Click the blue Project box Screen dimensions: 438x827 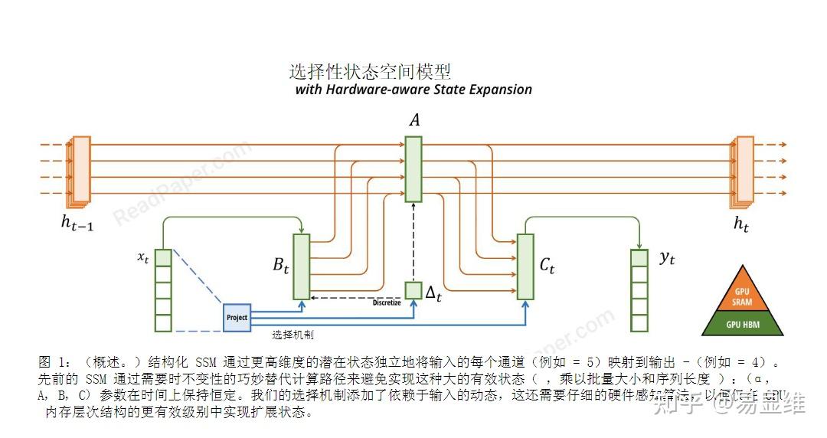click(x=237, y=317)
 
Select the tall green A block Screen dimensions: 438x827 click(x=413, y=169)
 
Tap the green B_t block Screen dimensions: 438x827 click(x=301, y=266)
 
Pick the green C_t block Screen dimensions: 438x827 click(x=525, y=266)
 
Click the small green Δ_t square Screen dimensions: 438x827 click(x=413, y=291)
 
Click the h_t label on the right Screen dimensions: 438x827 click(x=741, y=224)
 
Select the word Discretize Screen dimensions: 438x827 click(x=387, y=302)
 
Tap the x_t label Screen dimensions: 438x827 click(x=142, y=258)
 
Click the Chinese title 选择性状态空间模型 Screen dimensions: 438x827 click(x=370, y=72)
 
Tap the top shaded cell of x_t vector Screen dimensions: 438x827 click(x=162, y=258)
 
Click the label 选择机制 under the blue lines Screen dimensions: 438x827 click(x=293, y=335)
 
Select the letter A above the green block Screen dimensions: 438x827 click(x=414, y=120)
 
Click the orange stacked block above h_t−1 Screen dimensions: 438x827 click(x=80, y=165)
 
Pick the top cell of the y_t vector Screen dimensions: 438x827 click(x=639, y=258)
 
